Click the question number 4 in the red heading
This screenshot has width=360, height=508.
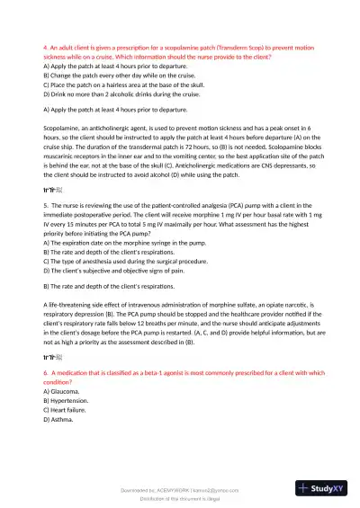46,44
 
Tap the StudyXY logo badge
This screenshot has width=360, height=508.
326,488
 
